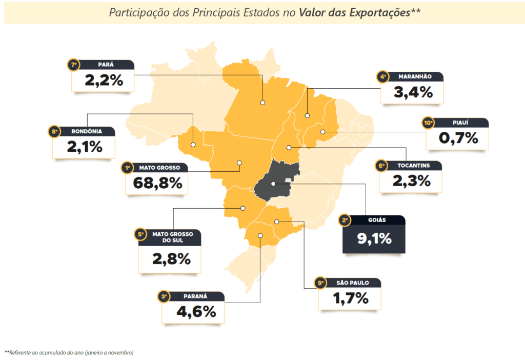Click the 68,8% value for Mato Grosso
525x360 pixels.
[157, 183]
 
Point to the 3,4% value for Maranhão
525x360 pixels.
[413, 92]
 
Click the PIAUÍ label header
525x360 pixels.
[460, 123]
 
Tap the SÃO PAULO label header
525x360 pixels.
[353, 283]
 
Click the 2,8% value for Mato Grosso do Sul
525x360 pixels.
[171, 259]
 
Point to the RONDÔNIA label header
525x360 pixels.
[87, 132]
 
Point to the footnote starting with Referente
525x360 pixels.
[69, 353]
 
